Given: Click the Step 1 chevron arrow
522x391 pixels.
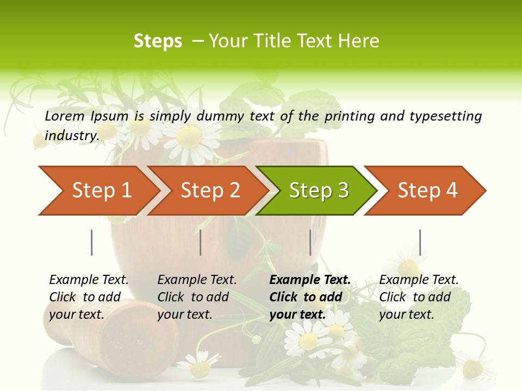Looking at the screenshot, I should click(101, 190).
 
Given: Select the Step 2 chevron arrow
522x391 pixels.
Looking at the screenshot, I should click(209, 190).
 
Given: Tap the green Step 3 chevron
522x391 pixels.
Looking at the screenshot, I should click(318, 190).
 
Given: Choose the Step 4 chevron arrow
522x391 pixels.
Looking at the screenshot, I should click(427, 190).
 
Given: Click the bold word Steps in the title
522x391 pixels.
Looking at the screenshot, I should click(158, 41).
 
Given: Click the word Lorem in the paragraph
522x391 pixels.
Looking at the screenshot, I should click(64, 116).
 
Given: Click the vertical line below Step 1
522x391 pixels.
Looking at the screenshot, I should click(92, 242).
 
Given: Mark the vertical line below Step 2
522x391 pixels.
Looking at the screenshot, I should click(201, 242).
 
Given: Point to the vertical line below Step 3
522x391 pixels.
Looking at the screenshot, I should click(310, 242).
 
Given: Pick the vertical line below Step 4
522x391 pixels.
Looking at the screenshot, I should click(420, 242).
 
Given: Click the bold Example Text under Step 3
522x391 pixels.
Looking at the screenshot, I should click(310, 280).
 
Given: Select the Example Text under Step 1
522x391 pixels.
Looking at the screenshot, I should click(89, 280).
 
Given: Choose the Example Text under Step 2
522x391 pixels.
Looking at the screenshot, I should click(197, 280).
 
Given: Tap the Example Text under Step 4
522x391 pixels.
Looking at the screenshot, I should click(419, 280).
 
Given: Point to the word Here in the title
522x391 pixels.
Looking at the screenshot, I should click(359, 41).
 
